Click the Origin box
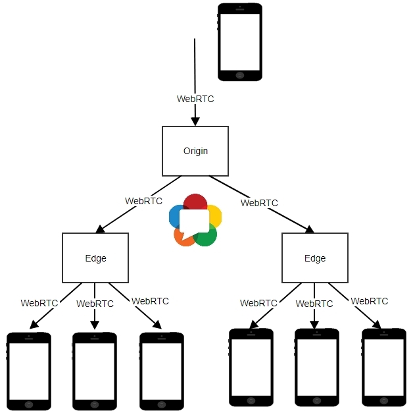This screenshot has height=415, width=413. coord(195,151)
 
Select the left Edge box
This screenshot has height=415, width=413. coord(95,258)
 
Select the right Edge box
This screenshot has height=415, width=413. coord(314,258)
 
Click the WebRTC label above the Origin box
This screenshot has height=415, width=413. coord(195,99)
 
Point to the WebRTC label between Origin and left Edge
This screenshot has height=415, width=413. coord(143,200)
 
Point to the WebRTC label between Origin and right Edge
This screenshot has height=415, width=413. coord(259,203)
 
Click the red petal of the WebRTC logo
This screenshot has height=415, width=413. coord(195,202)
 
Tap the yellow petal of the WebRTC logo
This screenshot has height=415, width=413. coord(215,215)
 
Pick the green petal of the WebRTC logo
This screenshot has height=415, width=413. coord(206,236)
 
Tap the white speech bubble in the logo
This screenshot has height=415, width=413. coord(194,222)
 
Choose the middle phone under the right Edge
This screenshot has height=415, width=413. coord(316,368)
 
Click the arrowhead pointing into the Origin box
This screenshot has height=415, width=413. coord(195,121)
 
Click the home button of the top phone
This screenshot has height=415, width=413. coord(239,76)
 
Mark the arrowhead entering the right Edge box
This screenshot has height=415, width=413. coord(309,229)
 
